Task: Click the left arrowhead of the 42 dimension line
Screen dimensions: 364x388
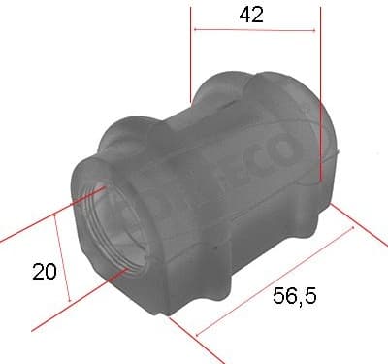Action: pos(198,30)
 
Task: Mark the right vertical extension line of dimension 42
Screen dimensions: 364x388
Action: pos(318,87)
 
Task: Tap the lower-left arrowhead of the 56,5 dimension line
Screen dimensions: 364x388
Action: pos(201,334)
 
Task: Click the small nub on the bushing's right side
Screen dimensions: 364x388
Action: pos(333,155)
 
